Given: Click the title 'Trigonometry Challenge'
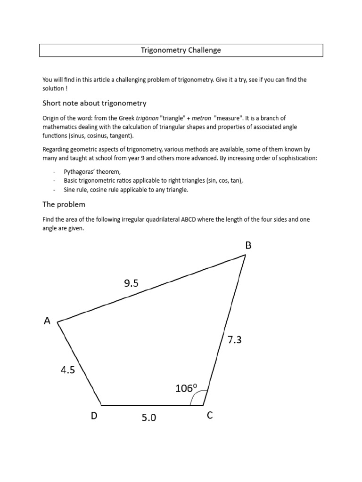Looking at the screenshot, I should (181, 50).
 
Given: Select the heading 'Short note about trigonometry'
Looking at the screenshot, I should (94, 103).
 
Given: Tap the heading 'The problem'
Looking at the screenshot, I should (64, 204).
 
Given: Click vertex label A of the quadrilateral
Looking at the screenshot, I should (47, 321).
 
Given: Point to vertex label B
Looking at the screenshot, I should (248, 245).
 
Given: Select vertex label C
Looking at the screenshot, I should (210, 415).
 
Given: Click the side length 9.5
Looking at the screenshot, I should (132, 282).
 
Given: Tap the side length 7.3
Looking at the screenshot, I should (234, 339).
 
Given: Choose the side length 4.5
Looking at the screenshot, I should (68, 370).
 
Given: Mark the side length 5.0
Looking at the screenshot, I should (148, 417).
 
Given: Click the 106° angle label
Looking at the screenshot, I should (186, 388).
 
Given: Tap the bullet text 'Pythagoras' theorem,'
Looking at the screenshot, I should (89, 172).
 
